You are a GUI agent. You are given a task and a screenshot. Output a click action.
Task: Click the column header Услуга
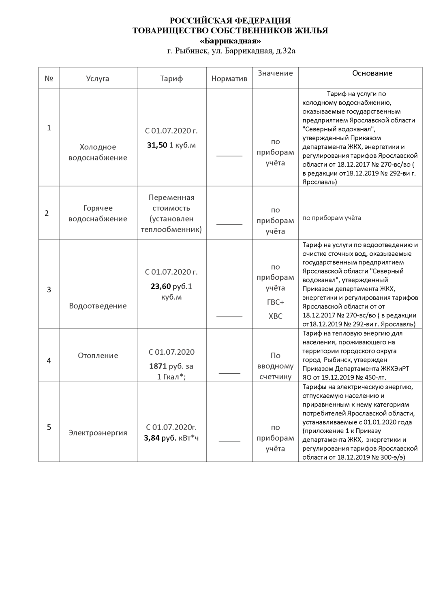coord(97,79)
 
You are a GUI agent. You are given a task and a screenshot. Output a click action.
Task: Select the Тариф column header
coord(171,79)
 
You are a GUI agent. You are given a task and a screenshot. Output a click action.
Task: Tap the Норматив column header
coord(229,79)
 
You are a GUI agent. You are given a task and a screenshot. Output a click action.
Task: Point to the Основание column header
coord(372,73)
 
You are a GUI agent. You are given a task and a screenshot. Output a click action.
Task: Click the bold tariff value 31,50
coord(157,145)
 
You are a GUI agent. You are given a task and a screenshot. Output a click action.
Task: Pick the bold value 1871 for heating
coord(158,366)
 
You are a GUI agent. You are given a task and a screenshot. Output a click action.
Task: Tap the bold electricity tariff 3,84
coord(152,438)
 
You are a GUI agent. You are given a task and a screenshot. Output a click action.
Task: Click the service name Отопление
coord(98,355)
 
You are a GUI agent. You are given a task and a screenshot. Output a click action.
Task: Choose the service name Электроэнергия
coord(98,432)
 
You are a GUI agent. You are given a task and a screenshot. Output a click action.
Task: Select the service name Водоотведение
coord(98,306)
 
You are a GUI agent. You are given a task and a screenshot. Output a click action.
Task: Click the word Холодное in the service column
coord(98,147)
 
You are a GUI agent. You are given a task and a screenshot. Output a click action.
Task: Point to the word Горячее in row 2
coord(98,208)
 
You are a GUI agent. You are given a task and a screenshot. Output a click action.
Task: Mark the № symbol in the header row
coord(49,79)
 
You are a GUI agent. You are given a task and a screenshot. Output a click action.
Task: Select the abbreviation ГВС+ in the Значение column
coord(276,302)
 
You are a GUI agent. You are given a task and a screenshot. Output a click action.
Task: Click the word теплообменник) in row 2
coord(171,229)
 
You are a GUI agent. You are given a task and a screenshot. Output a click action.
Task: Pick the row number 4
coord(49,360)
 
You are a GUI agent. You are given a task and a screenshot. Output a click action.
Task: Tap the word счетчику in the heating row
coord(276,377)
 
